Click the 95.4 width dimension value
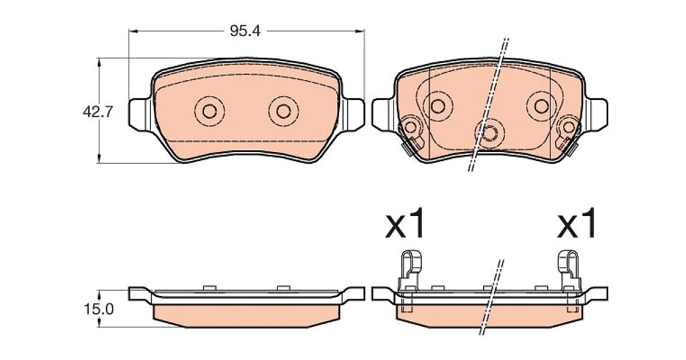tap(245, 31)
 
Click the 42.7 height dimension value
tap(98, 112)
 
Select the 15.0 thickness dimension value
tap(98, 309)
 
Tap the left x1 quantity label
tap(405, 223)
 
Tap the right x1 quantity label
tap(576, 223)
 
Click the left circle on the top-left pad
tap(209, 111)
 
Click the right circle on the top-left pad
tap(284, 111)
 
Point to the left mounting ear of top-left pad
tap(139, 115)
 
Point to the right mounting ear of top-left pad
tap(353, 115)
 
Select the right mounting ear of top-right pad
tap(597, 115)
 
